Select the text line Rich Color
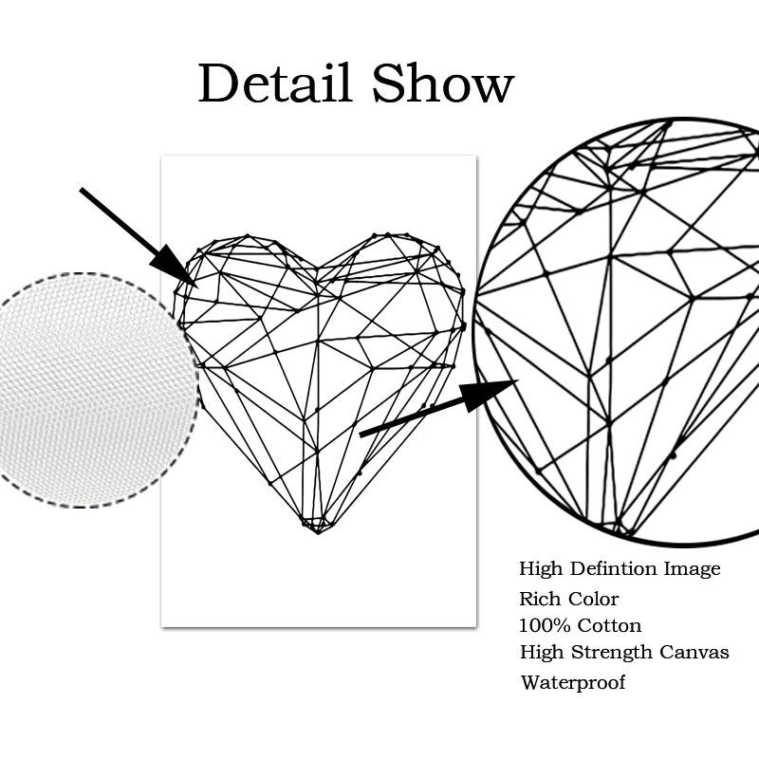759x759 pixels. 568,599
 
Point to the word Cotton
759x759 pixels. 610,625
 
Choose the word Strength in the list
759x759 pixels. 612,653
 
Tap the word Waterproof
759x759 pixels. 572,682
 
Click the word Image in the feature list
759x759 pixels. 692,569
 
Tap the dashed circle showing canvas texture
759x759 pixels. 95,389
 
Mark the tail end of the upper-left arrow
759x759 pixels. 83,191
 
